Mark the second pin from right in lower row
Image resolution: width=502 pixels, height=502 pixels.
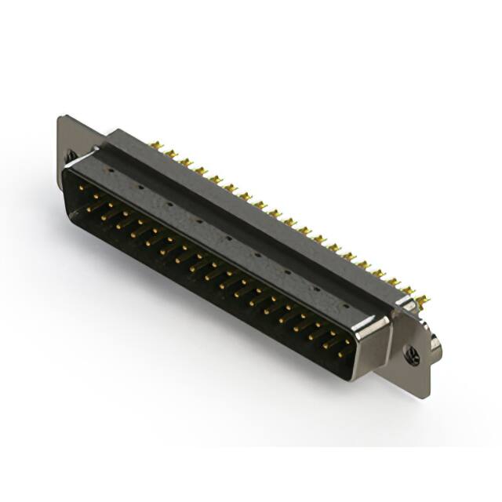tap(328, 344)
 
